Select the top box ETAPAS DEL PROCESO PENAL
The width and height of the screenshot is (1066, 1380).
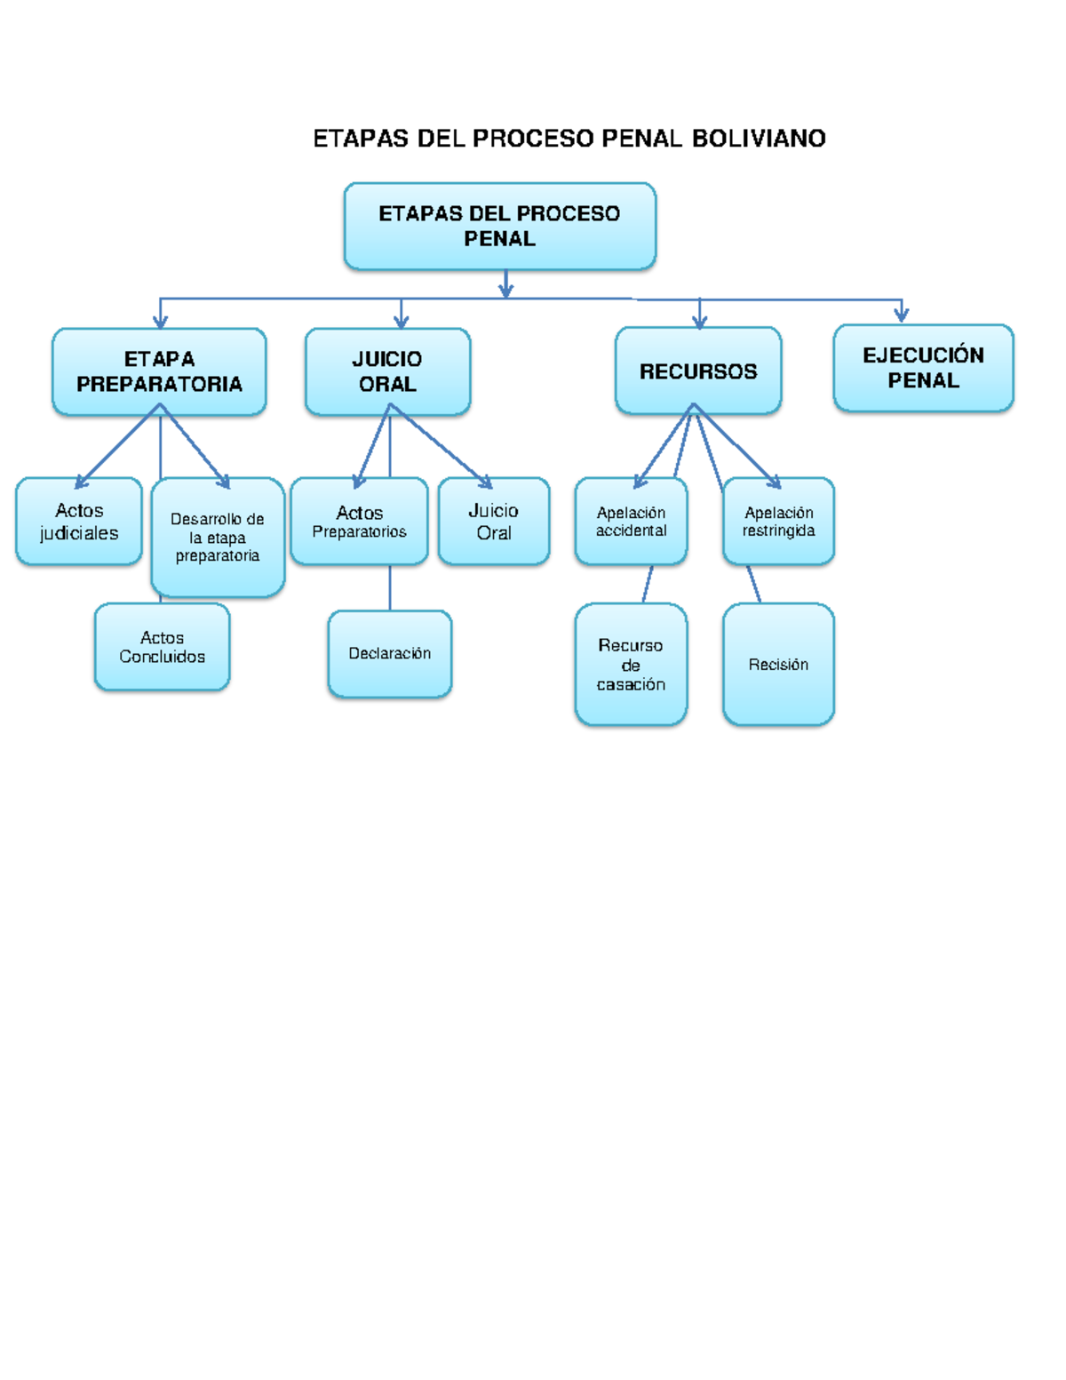499,226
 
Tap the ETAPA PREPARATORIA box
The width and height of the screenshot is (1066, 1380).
159,371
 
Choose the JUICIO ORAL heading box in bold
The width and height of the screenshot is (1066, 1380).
387,371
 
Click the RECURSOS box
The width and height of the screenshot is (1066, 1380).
698,371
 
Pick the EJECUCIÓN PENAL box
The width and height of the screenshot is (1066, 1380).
923,368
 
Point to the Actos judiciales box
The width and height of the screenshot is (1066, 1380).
79,522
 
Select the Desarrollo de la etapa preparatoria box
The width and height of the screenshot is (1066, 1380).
218,537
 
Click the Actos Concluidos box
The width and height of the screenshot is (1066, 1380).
162,647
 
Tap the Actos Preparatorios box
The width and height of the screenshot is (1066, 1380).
359,522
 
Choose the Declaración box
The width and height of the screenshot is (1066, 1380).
389,653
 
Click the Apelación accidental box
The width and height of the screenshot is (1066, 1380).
631,522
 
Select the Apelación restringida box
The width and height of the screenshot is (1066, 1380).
778,522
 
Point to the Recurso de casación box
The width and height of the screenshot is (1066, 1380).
631,665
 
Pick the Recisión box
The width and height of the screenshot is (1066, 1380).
778,665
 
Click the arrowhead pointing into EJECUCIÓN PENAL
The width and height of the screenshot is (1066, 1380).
902,315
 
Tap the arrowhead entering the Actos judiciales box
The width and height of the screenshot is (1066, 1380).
81,483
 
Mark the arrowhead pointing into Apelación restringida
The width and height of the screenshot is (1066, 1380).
775,483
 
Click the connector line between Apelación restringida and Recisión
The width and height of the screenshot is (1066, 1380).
753,584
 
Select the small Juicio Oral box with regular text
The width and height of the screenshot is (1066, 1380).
494,522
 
